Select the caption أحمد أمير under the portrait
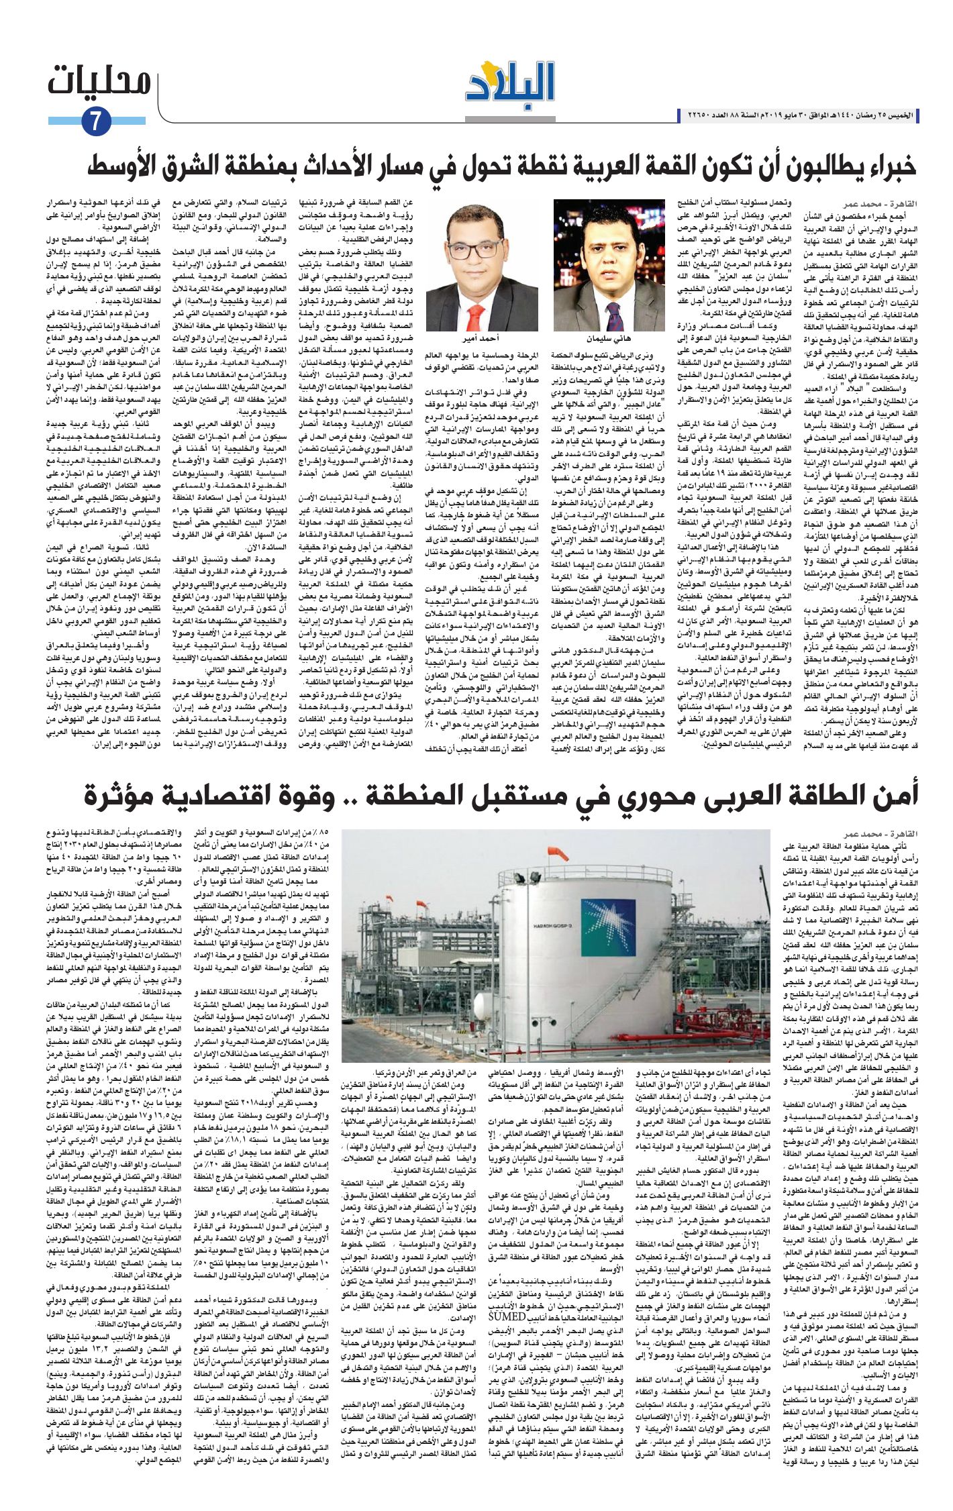tap(474, 340)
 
